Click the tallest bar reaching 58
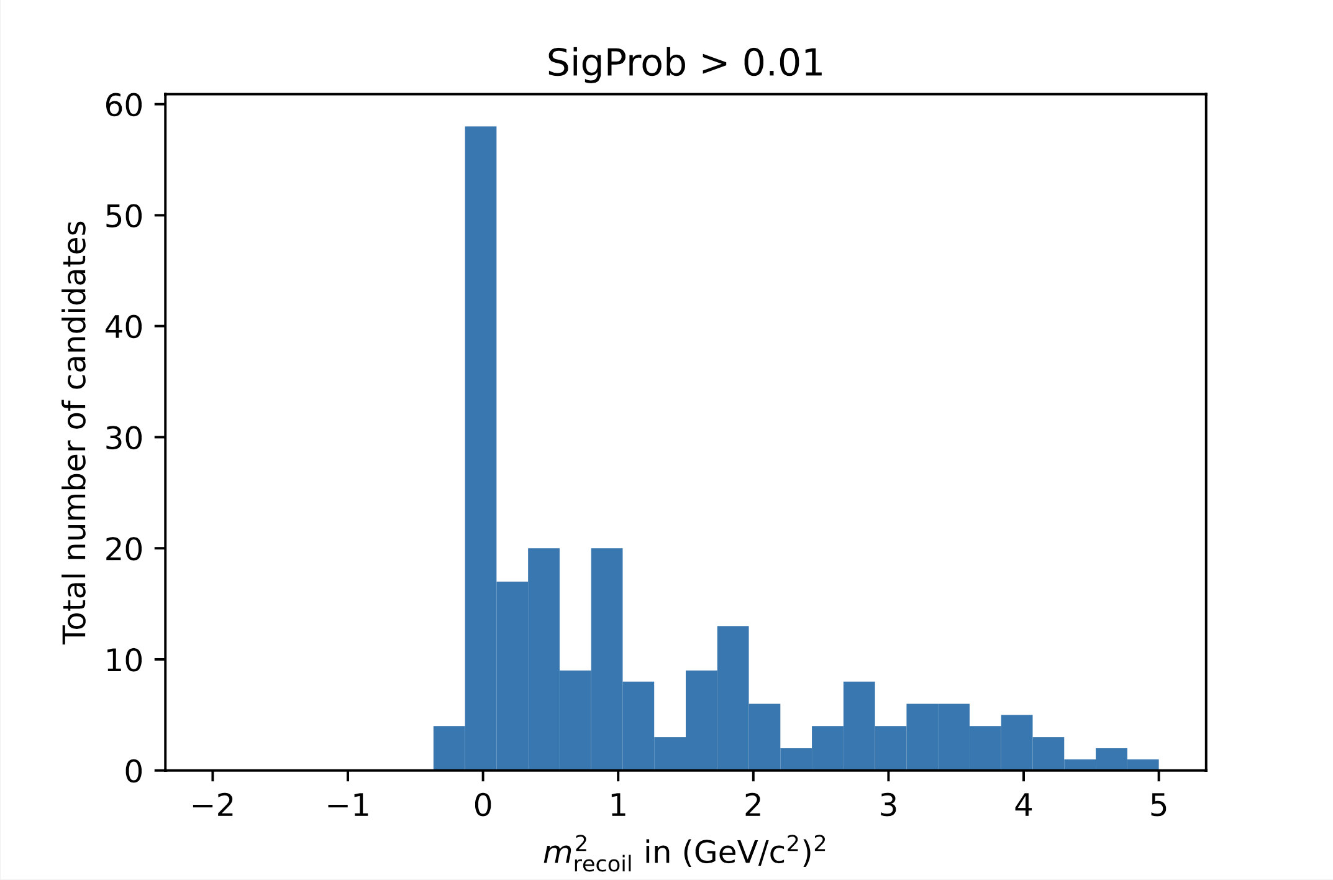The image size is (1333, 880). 480,447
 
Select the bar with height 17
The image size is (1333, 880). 512,676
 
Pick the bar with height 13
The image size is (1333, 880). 733,698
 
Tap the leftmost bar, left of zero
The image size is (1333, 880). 449,748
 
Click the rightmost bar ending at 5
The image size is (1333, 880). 1142,764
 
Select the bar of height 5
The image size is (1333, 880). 1017,742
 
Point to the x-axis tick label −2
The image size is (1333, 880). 212,806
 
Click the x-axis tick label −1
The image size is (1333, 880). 347,806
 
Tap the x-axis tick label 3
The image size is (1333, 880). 888,806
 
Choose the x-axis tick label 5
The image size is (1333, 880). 1158,806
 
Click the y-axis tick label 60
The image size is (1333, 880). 124,105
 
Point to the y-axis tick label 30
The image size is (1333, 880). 124,438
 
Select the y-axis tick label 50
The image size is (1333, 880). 124,216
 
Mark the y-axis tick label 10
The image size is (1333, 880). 124,660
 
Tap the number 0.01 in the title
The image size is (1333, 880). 783,63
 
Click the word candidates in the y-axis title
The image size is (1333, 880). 76,305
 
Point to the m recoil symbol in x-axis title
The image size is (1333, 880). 586,853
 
